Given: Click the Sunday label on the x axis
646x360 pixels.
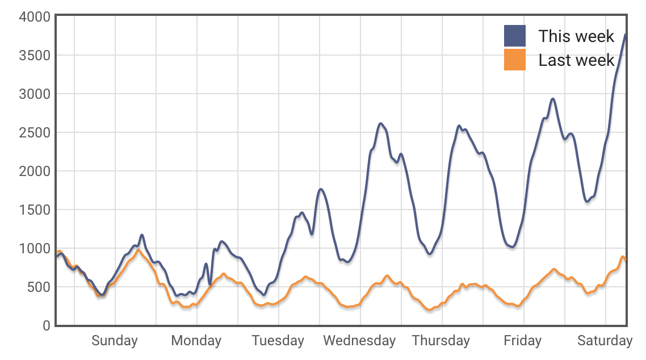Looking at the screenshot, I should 115,341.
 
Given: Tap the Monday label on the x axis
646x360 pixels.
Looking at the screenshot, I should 196,341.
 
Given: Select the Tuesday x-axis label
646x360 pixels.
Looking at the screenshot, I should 278,341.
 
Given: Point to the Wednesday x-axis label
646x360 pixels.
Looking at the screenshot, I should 359,341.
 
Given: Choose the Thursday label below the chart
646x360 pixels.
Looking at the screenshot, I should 441,341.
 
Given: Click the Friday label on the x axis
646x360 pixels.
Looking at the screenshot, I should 522,341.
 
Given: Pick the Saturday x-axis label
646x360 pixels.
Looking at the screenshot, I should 605,341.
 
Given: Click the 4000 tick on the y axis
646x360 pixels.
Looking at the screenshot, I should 35,17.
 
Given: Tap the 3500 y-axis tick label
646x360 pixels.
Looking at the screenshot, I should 35,56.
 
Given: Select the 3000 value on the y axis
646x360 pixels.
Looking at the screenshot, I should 35,94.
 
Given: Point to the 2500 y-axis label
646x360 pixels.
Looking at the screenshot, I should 35,133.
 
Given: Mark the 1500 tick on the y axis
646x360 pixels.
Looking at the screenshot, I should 35,210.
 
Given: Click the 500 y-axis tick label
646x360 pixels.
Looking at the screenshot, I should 39,287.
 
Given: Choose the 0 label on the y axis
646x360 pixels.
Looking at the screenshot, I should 46,326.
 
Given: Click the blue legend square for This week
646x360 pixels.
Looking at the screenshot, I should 515,36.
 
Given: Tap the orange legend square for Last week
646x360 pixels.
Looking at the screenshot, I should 515,60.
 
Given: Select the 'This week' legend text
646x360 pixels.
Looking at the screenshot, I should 576,36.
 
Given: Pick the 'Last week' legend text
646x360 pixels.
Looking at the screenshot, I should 576,60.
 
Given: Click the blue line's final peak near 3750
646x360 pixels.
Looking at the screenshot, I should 625,35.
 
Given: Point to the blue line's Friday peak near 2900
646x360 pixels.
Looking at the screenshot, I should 553,99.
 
